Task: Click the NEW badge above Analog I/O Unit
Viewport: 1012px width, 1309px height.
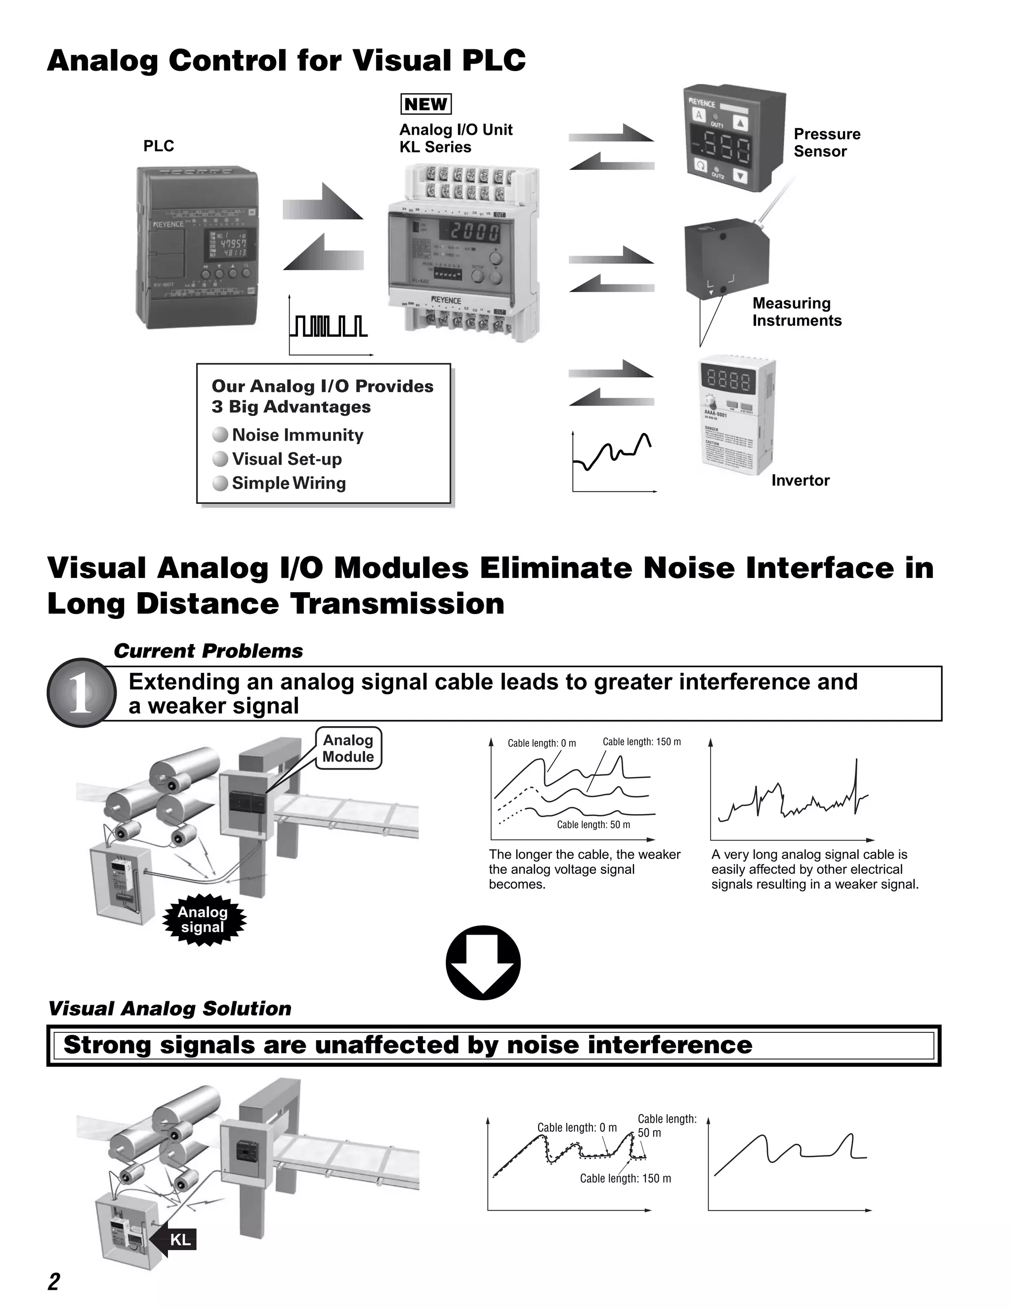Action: [x=425, y=104]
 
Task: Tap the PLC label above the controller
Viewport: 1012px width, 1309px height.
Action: [x=158, y=146]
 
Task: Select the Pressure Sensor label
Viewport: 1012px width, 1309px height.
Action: [x=826, y=143]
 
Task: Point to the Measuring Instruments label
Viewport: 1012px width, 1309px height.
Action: [x=796, y=312]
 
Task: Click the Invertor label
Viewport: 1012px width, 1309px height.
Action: [x=800, y=480]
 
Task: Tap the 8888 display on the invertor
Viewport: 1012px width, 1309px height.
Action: [x=729, y=380]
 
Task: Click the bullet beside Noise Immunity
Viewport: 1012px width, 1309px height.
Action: [x=220, y=435]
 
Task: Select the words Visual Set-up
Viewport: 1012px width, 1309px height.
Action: [x=287, y=459]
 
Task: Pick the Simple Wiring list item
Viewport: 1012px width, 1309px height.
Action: [x=289, y=483]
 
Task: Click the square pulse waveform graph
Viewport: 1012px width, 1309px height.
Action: [x=329, y=327]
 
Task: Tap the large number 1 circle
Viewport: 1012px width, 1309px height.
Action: [x=81, y=694]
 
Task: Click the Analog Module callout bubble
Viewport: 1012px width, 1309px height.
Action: [x=348, y=748]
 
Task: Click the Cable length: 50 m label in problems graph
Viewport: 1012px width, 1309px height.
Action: [x=593, y=825]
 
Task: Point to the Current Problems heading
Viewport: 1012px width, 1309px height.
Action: [x=208, y=651]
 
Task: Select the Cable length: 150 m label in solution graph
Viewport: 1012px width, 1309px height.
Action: [x=625, y=1178]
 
